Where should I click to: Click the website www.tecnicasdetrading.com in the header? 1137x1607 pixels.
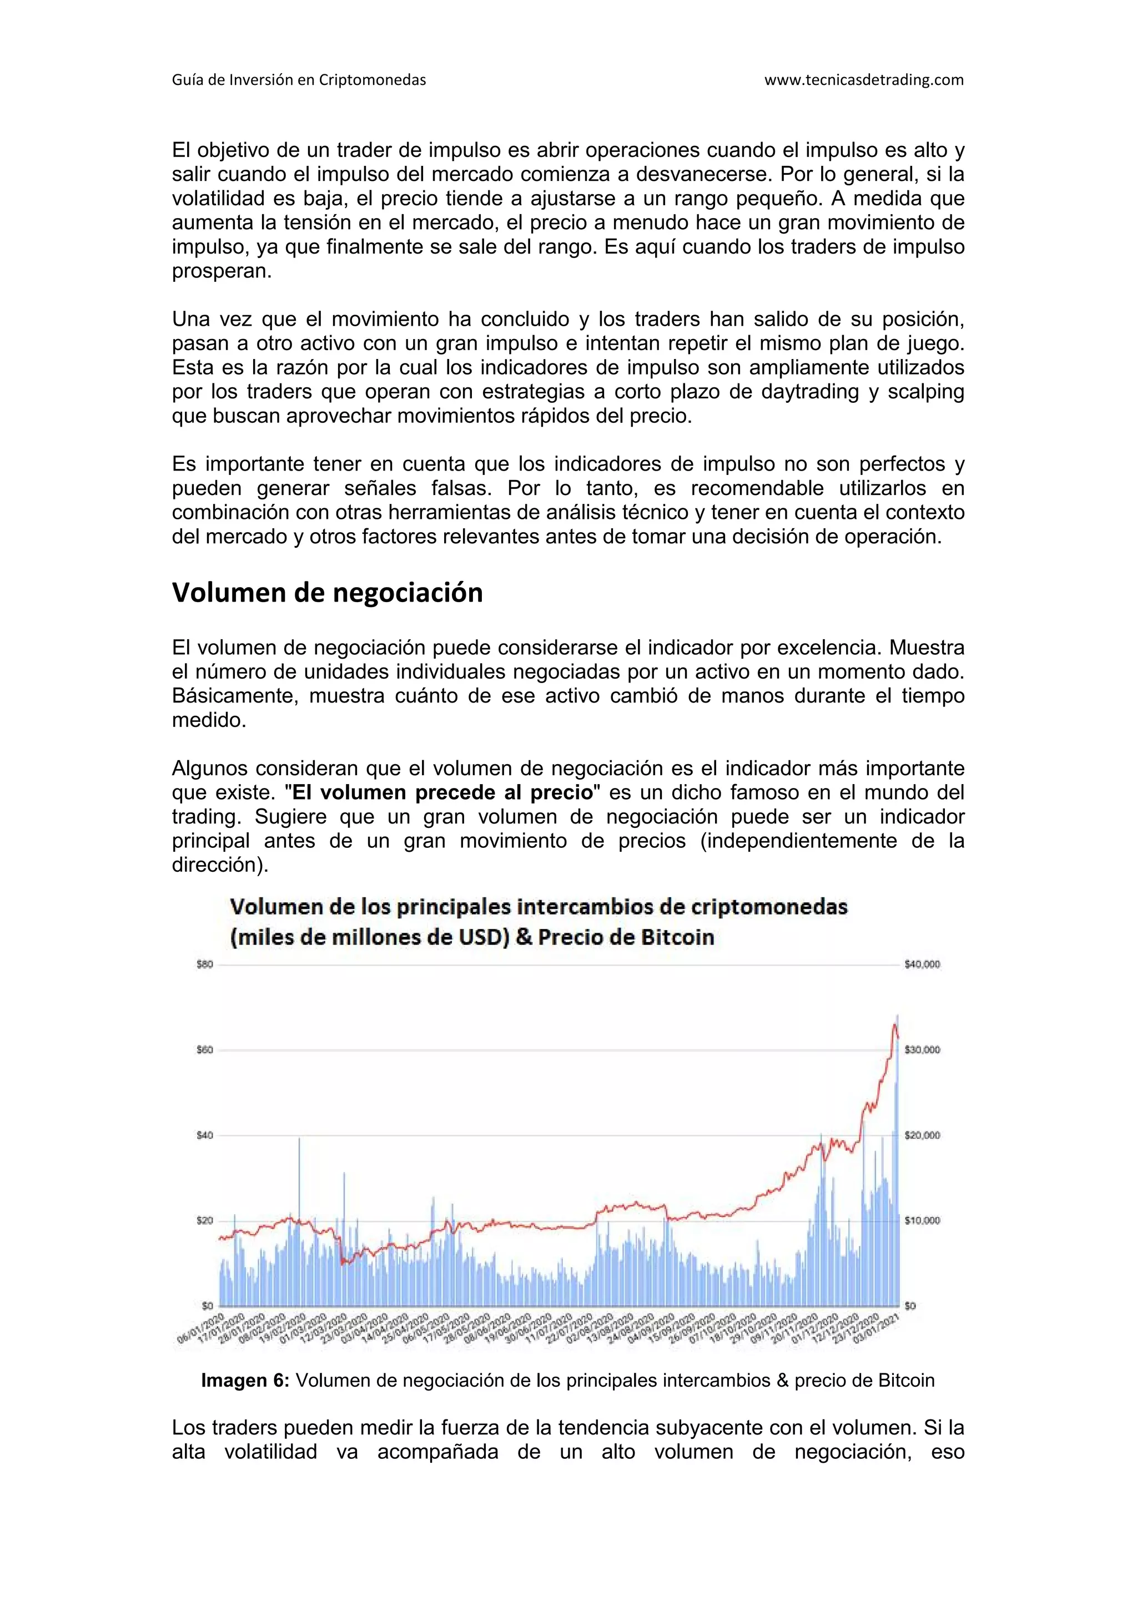(x=863, y=80)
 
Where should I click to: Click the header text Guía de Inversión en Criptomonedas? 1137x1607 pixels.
(x=299, y=80)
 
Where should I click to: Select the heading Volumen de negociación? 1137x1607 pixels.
(x=327, y=593)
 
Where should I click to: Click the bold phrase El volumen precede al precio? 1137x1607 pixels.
(x=442, y=792)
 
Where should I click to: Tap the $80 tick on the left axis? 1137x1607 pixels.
(x=205, y=964)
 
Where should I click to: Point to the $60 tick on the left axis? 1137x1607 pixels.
(x=205, y=1050)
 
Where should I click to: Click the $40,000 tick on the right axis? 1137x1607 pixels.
(x=922, y=964)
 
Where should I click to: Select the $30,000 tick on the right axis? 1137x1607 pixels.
(x=922, y=1050)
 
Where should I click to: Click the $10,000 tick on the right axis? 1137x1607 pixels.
(x=922, y=1221)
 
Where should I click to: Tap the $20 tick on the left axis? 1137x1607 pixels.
(x=205, y=1221)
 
